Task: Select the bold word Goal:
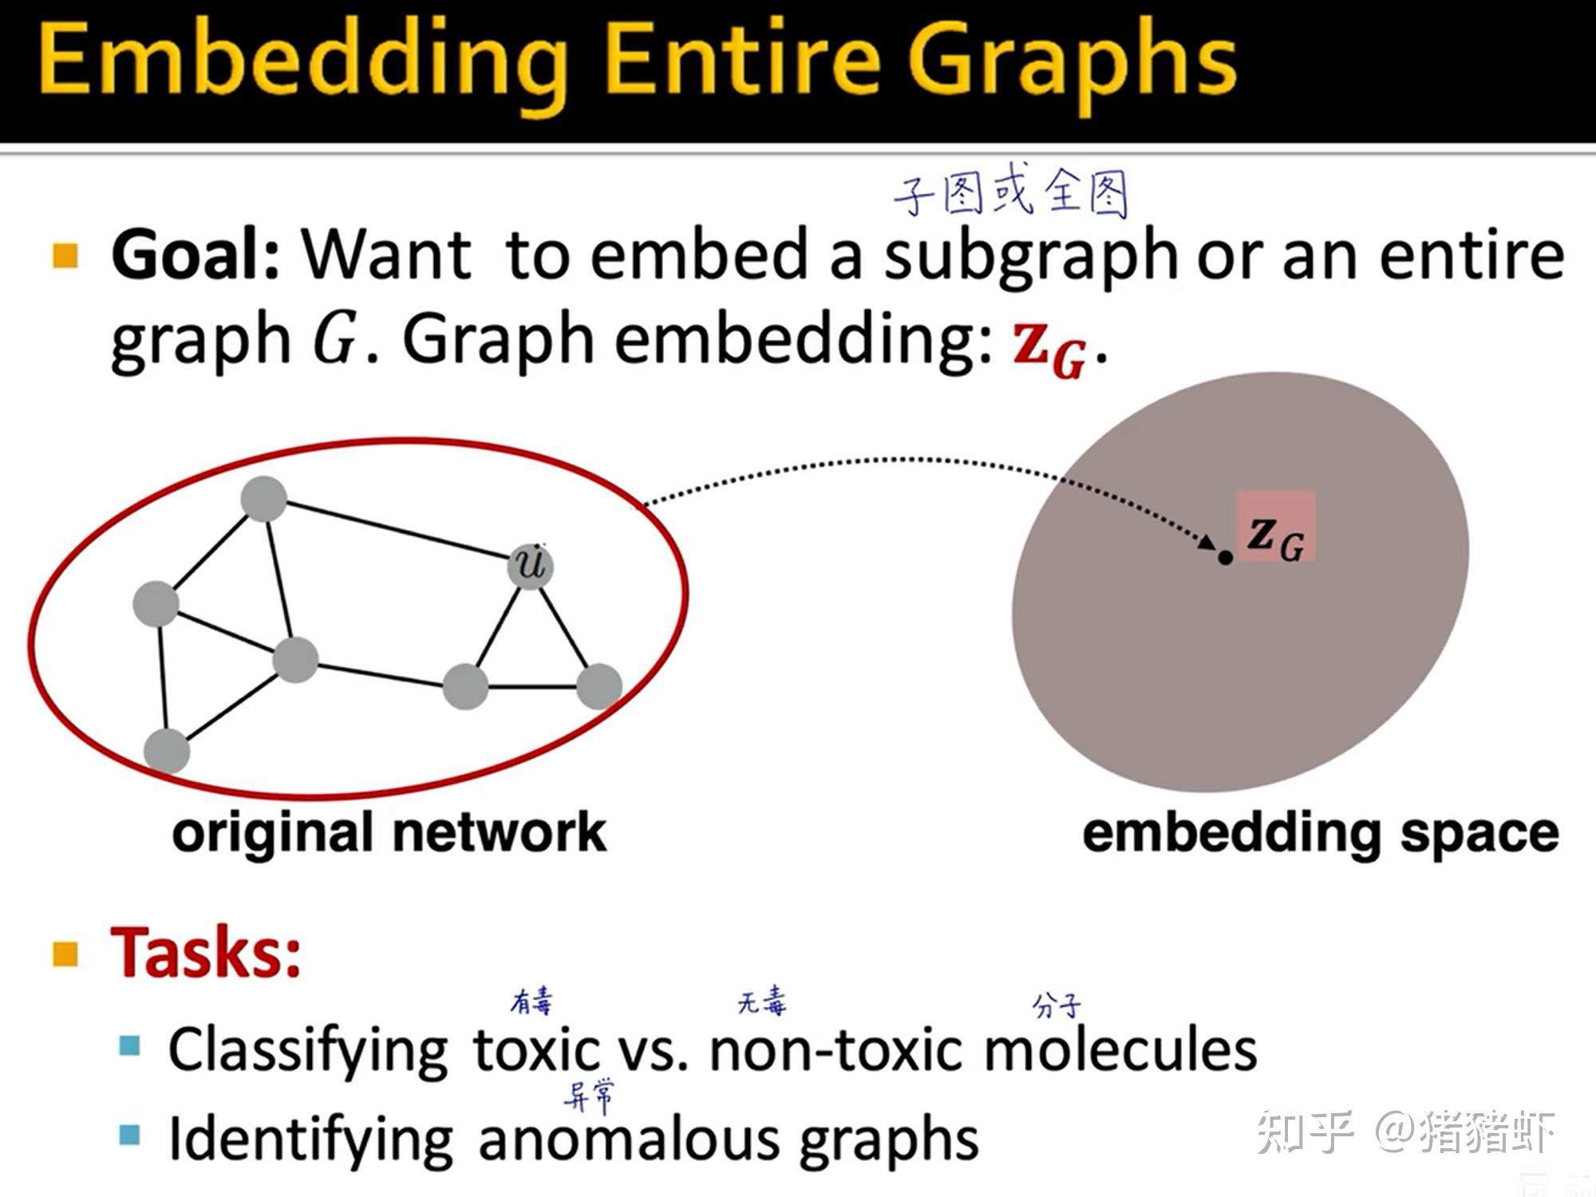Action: click(x=196, y=254)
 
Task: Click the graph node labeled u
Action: click(x=531, y=566)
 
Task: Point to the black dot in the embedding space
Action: click(x=1226, y=558)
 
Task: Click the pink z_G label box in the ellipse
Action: click(x=1276, y=527)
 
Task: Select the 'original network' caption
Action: click(x=389, y=833)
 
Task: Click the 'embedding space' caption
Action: click(x=1320, y=833)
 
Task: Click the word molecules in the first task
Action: click(x=1120, y=1049)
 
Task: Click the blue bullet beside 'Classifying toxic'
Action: click(x=129, y=1045)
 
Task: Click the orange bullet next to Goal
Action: click(x=65, y=255)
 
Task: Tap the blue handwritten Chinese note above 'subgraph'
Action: click(x=1010, y=193)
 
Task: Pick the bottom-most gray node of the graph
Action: click(x=167, y=751)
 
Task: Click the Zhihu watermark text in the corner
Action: click(x=1405, y=1132)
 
